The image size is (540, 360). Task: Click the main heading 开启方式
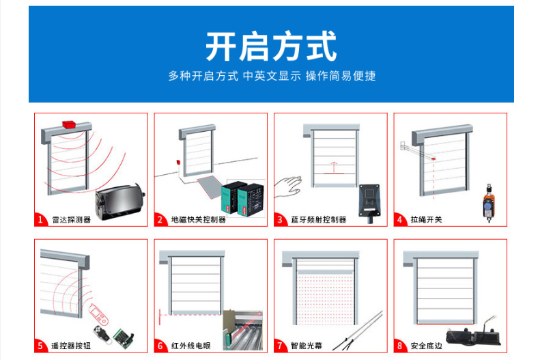pyautogui.click(x=271, y=46)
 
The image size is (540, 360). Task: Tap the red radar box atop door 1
pyautogui.click(x=70, y=124)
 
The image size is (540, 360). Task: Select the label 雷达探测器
pyautogui.click(x=71, y=220)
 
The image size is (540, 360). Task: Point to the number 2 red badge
pyautogui.click(x=160, y=219)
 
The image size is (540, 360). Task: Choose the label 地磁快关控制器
pyautogui.click(x=199, y=220)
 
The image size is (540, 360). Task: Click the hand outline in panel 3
pyautogui.click(x=288, y=186)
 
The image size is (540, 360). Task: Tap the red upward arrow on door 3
pyautogui.click(x=333, y=167)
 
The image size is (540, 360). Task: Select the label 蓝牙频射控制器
pyautogui.click(x=319, y=220)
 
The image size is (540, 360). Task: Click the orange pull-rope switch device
pyautogui.click(x=489, y=204)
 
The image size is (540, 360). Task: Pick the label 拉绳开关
pyautogui.click(x=426, y=220)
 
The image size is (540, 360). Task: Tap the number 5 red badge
pyautogui.click(x=40, y=346)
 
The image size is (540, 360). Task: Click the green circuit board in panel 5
pyautogui.click(x=124, y=338)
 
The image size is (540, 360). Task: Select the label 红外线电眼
pyautogui.click(x=190, y=346)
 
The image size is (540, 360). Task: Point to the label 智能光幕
pyautogui.click(x=306, y=346)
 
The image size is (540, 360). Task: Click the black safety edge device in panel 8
pyautogui.click(x=474, y=337)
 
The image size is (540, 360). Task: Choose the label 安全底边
pyautogui.click(x=426, y=346)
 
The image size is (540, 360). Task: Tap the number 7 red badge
pyautogui.click(x=280, y=346)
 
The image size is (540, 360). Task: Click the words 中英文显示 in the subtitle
pyautogui.click(x=272, y=76)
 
